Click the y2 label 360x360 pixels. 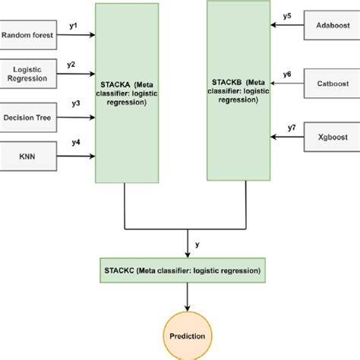71,65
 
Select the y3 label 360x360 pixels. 75,103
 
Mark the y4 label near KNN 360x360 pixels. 75,142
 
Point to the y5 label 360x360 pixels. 286,15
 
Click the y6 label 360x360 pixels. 286,74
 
